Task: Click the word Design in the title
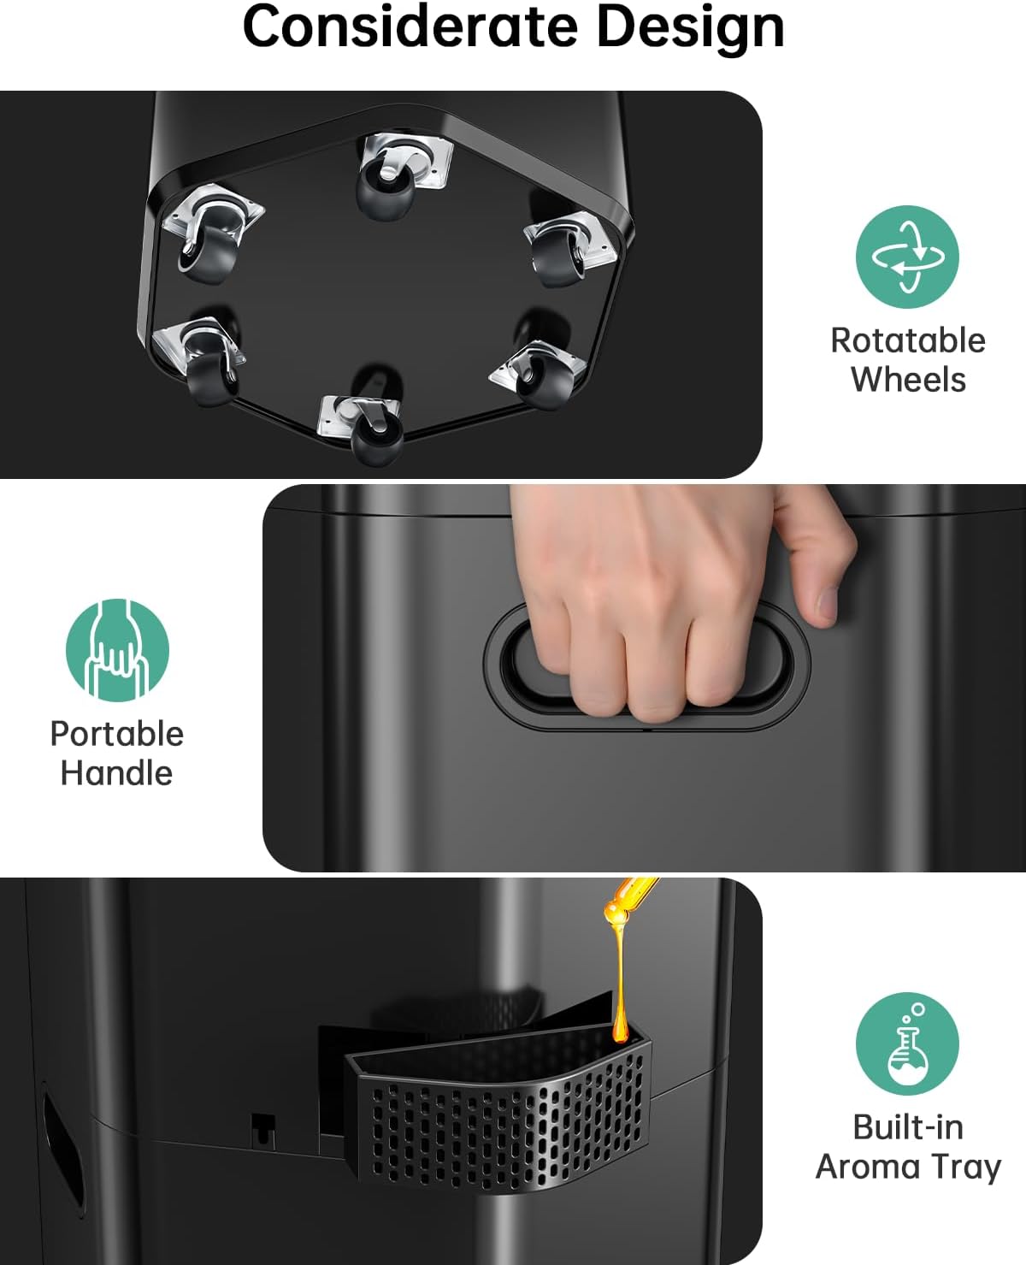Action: click(x=691, y=31)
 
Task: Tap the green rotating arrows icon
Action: click(x=907, y=257)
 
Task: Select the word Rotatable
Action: click(x=908, y=341)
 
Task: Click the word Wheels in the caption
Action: click(x=908, y=380)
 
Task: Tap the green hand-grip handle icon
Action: click(x=118, y=650)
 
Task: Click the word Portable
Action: click(x=117, y=734)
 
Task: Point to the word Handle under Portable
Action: click(x=116, y=773)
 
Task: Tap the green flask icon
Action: click(x=907, y=1043)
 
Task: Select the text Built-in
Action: click(x=908, y=1127)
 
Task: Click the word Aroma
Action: click(x=868, y=1167)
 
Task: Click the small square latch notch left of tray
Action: click(x=263, y=1127)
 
